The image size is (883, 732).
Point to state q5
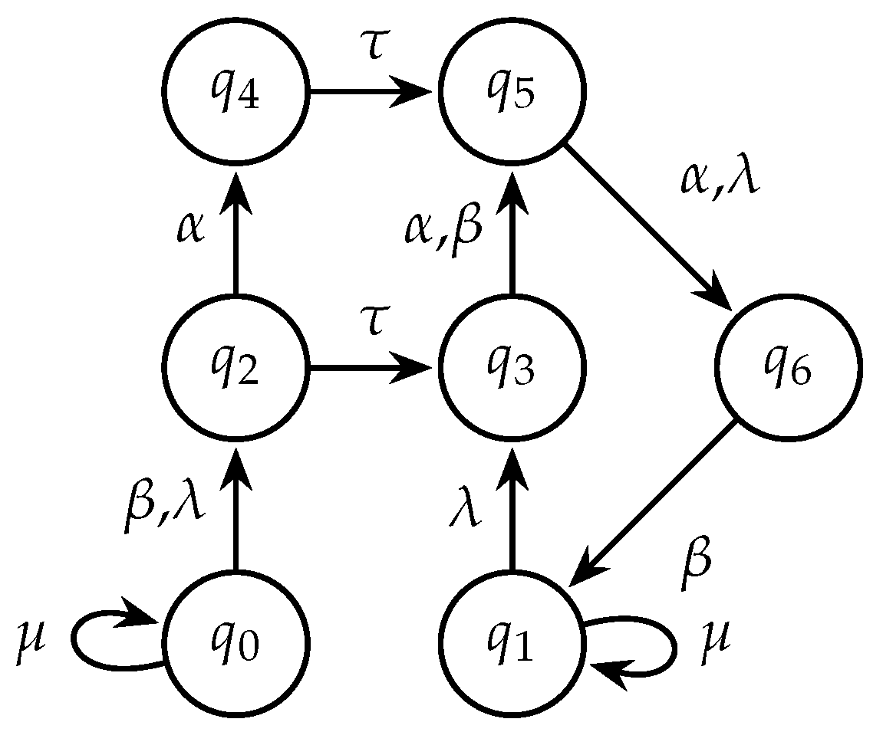coord(512,92)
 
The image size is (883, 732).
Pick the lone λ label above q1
coord(465,510)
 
